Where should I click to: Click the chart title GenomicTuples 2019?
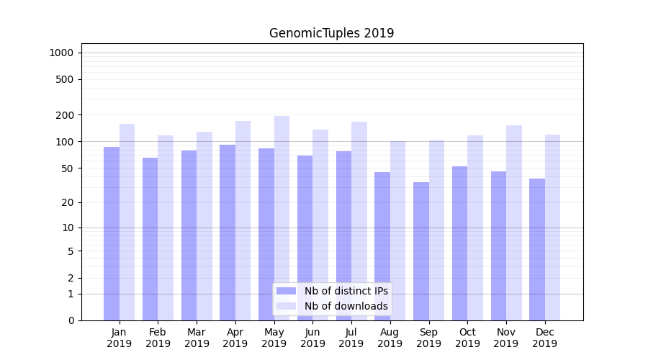click(331, 33)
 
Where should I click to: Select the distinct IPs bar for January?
click(112, 233)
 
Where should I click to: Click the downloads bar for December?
click(552, 227)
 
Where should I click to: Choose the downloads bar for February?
click(166, 228)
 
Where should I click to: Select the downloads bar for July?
click(359, 220)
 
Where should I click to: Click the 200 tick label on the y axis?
click(65, 115)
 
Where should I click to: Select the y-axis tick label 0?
click(71, 320)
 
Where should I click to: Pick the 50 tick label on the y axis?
click(67, 168)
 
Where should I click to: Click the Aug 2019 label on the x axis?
click(390, 338)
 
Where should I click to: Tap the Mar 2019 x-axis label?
click(197, 338)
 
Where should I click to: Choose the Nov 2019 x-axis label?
click(506, 338)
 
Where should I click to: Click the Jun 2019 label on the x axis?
click(312, 338)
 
